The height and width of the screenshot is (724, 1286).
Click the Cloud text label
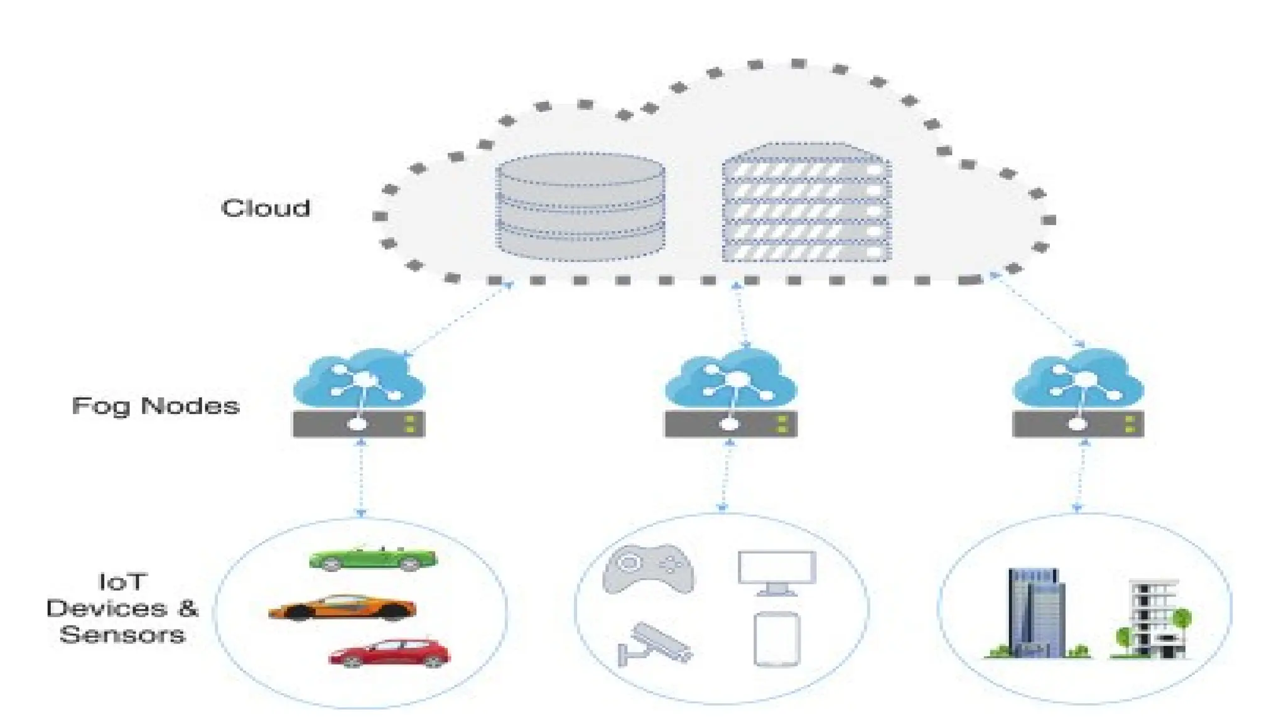[266, 208]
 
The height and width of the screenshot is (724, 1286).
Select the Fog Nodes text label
[156, 406]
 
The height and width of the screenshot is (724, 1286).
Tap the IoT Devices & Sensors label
[122, 608]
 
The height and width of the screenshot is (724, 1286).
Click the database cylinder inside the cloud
[580, 207]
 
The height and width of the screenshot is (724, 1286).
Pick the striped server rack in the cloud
[806, 202]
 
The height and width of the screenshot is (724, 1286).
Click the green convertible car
[373, 558]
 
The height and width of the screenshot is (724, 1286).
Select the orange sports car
[342, 608]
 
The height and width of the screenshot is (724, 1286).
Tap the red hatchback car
[390, 654]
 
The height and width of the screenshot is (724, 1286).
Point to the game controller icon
[648, 569]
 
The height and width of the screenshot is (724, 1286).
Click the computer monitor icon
[777, 573]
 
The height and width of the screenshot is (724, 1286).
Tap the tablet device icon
[777, 639]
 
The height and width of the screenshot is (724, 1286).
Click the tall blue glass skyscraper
[1036, 613]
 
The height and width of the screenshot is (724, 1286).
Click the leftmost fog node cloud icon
[359, 378]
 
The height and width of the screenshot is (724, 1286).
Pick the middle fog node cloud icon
[731, 378]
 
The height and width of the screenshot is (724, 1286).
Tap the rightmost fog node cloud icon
[1078, 378]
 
